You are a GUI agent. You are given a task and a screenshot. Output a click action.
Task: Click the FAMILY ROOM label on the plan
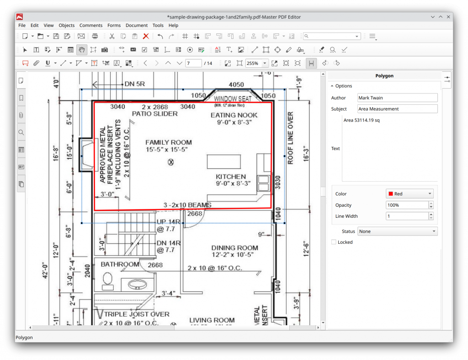coord(169,142)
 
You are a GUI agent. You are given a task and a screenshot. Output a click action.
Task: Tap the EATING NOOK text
coord(234,115)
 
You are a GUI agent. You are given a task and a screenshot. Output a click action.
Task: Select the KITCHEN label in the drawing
coord(231,177)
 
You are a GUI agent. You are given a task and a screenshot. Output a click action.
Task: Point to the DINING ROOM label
coord(234,247)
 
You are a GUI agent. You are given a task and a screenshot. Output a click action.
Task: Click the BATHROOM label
coord(120,264)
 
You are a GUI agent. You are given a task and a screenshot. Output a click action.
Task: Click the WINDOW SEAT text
coord(233,99)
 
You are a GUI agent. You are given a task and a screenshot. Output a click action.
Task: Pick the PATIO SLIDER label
coord(154,113)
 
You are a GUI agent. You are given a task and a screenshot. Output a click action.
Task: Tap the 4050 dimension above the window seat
coord(236,85)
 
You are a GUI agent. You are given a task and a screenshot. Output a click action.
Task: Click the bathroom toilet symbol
coord(108,279)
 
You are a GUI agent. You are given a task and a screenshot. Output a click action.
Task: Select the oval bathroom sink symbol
coord(137,284)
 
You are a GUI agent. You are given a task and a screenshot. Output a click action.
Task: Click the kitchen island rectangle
coord(224,162)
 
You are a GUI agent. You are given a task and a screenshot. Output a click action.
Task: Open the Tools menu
coord(158,26)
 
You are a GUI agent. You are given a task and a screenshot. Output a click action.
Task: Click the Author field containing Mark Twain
coord(397,98)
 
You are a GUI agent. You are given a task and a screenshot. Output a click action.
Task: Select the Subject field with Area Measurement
coord(397,109)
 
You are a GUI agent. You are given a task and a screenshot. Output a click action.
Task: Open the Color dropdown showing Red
coord(409,194)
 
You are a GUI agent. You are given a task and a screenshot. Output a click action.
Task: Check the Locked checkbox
coord(334,242)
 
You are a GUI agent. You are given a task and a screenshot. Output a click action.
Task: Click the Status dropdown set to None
coord(397,231)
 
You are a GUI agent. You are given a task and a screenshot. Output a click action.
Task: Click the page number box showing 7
coord(193,63)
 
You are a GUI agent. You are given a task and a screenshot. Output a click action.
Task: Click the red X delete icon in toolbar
coord(146,36)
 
